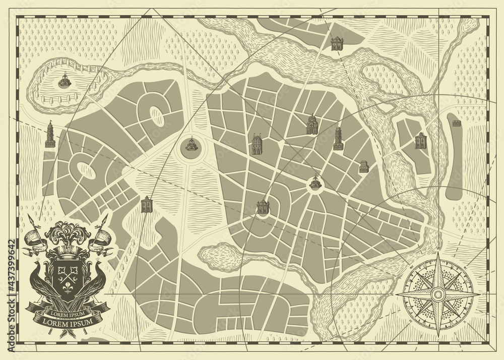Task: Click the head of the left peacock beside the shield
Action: click(36, 262)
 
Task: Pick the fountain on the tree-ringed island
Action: click(65, 81)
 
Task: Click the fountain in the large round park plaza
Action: click(192, 145)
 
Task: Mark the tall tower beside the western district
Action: click(50, 135)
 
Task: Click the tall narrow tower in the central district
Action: click(338, 138)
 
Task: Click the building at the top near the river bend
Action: click(337, 43)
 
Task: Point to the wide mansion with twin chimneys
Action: click(257, 144)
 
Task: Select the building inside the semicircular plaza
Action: click(263, 207)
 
